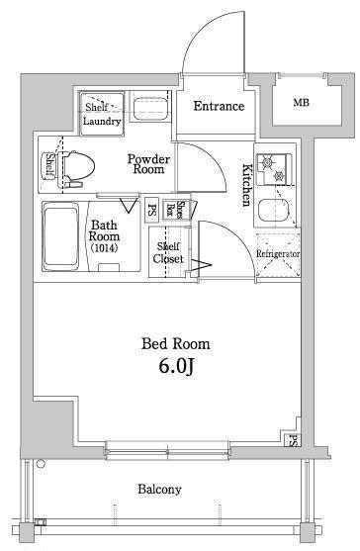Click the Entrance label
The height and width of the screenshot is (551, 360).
point(219,106)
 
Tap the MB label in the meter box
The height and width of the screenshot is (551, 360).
point(302,103)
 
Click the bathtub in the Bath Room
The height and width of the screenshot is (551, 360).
point(60,235)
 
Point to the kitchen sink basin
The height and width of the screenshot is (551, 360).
point(274,211)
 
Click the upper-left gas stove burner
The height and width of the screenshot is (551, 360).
point(266,162)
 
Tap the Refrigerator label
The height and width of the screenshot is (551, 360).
point(278,253)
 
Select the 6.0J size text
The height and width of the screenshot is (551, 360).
point(177,366)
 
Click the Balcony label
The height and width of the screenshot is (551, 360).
point(159,489)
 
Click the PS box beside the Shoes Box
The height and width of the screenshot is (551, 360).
point(151,211)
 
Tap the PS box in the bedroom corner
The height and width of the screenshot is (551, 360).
point(292,439)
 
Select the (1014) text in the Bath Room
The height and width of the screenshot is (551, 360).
point(104,248)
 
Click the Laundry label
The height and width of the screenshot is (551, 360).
point(102,122)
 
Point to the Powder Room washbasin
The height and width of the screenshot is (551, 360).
point(149,107)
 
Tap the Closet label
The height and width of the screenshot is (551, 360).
point(168,258)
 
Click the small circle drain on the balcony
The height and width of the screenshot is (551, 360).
point(42,464)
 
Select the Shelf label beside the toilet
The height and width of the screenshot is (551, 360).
point(49,165)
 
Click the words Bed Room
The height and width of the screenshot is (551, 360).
point(176,343)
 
